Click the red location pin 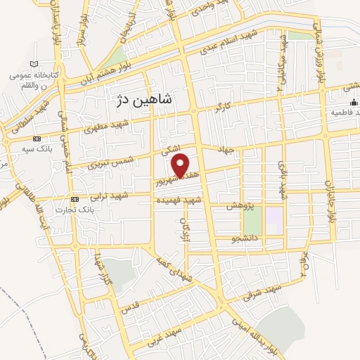(x=181, y=165)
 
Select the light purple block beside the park (x=274, y=220)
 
